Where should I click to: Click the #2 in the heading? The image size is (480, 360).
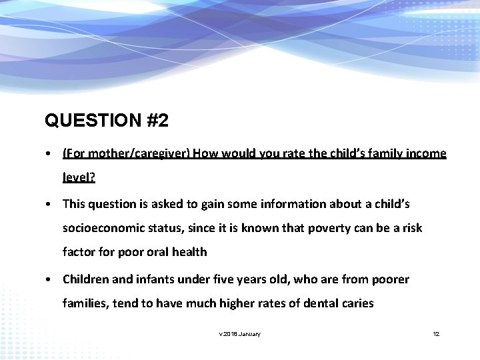(x=155, y=121)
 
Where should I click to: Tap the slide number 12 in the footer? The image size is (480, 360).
(x=436, y=333)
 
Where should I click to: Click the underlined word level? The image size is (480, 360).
(x=79, y=178)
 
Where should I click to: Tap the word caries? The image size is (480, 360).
(x=358, y=303)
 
